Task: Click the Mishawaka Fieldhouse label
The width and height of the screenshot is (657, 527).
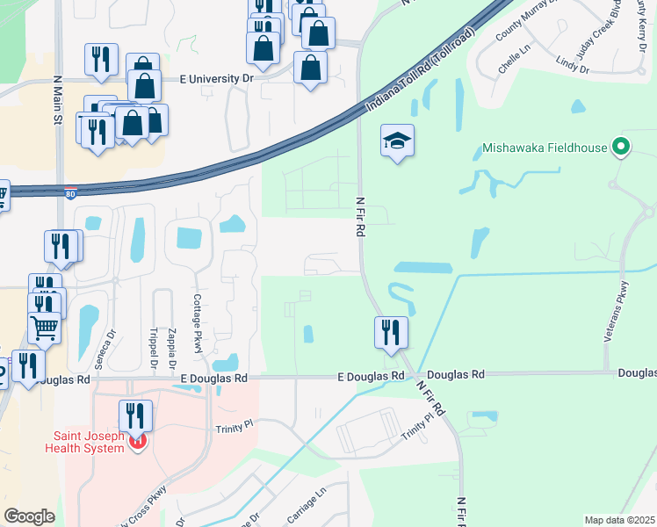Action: click(x=545, y=148)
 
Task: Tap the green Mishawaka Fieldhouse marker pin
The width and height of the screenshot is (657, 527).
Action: click(x=622, y=148)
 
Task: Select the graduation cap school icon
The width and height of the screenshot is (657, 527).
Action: click(x=397, y=141)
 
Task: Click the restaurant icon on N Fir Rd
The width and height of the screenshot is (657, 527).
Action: click(x=391, y=333)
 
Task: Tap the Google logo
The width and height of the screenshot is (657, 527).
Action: click(x=29, y=516)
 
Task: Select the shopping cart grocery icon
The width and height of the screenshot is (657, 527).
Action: click(x=44, y=328)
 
